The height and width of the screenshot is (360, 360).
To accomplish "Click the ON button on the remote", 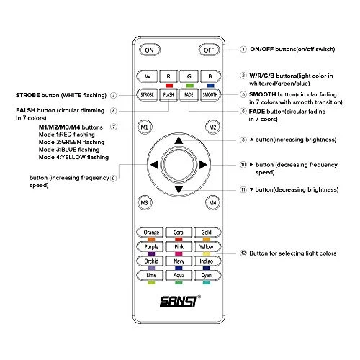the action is [x=150, y=50].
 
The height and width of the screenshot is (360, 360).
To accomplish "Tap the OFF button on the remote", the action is [x=209, y=50].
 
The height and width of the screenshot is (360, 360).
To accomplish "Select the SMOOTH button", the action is [x=210, y=95].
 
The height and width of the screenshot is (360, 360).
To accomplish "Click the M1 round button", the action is [x=145, y=127].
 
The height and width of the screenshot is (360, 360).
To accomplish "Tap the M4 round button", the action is [x=212, y=203].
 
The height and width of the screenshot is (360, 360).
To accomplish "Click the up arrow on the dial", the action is [x=179, y=140].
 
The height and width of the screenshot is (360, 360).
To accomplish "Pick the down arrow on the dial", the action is [x=179, y=189].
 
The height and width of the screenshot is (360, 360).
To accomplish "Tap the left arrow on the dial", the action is [x=154, y=165].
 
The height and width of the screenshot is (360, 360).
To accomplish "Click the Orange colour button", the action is [x=150, y=233].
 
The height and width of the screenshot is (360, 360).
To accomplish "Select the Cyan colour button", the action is [x=207, y=275].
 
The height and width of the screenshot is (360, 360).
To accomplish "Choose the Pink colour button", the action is [x=179, y=246].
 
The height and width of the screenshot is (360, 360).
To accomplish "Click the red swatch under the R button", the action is [x=169, y=86].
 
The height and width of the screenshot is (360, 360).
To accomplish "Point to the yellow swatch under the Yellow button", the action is [x=207, y=253].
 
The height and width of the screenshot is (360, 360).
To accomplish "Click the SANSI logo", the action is [x=179, y=301].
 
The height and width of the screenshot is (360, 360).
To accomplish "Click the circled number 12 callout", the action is [x=243, y=253].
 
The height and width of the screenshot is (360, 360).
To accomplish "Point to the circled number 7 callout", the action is [x=113, y=127].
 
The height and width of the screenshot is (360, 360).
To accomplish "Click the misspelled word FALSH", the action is [x=26, y=110].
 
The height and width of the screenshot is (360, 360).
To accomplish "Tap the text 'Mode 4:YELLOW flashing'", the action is [x=73, y=157].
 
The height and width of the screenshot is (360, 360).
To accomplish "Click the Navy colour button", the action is [x=179, y=261].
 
